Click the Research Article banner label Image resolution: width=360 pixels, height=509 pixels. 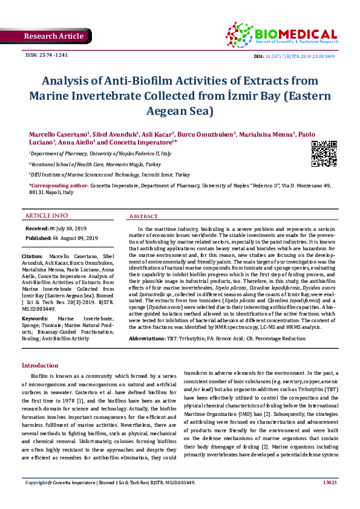click(x=53, y=36)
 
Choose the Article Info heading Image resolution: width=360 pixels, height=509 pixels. click(x=47, y=216)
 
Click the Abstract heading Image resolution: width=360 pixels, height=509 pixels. click(x=144, y=216)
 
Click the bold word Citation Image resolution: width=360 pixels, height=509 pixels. click(x=36, y=256)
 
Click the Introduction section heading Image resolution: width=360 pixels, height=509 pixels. click(x=40, y=366)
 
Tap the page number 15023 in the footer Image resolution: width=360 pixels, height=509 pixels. click(x=329, y=500)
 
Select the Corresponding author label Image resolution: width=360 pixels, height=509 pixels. click(x=58, y=186)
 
